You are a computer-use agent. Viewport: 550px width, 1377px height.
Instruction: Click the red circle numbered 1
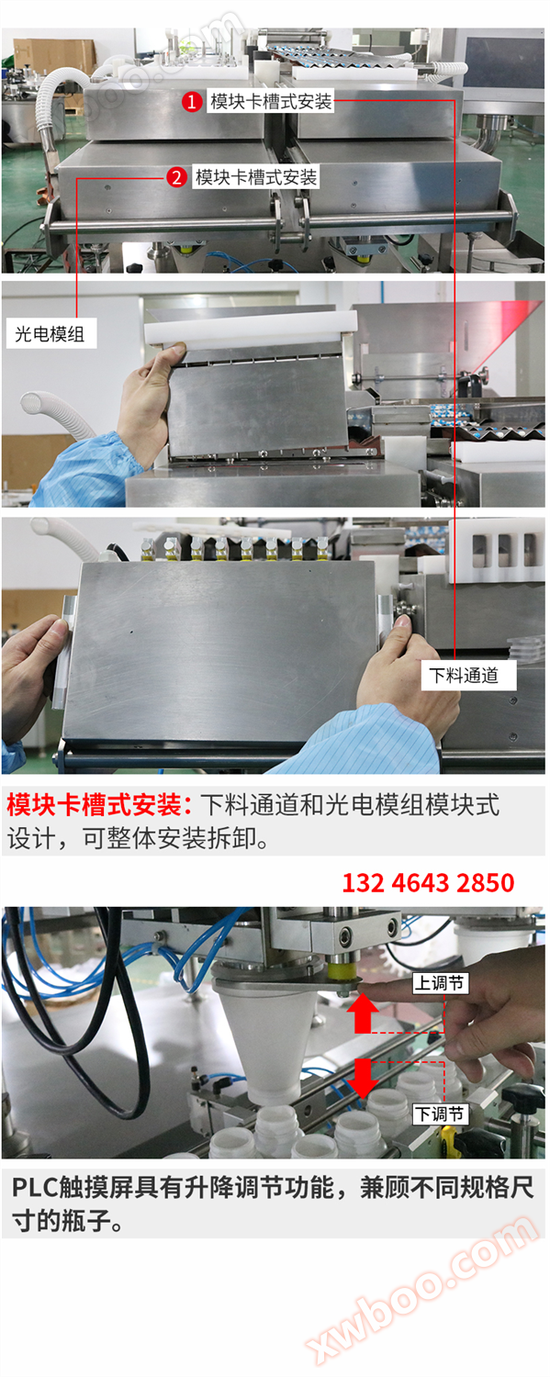click(x=191, y=102)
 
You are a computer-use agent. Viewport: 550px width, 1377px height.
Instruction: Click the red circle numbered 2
click(x=176, y=177)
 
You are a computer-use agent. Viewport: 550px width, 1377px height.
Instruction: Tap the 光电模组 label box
click(x=50, y=334)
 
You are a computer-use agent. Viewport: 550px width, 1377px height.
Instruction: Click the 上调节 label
click(x=440, y=984)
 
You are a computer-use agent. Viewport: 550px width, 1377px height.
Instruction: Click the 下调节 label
click(x=440, y=1114)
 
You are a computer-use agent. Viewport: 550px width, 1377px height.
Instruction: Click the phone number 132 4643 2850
click(x=428, y=883)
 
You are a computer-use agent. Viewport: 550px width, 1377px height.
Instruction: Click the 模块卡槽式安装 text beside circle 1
click(x=271, y=102)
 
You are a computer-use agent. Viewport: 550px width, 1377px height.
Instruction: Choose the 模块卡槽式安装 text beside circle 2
click(x=256, y=177)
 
